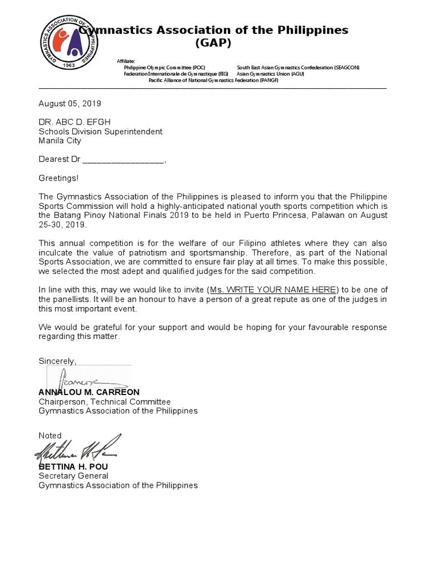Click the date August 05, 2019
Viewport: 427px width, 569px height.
pyautogui.click(x=69, y=103)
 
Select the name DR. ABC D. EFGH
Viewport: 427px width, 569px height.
pyautogui.click(x=78, y=122)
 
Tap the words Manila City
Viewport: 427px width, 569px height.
pyautogui.click(x=59, y=141)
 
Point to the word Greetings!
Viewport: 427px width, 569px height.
pyautogui.click(x=58, y=178)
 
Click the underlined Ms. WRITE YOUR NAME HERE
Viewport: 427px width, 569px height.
pyautogui.click(x=274, y=290)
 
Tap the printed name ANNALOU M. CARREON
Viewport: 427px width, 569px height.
pyautogui.click(x=89, y=392)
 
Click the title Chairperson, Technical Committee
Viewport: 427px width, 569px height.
pyautogui.click(x=105, y=402)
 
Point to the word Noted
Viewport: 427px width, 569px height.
pyautogui.click(x=50, y=436)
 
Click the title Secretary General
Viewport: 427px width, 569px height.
pyautogui.click(x=73, y=476)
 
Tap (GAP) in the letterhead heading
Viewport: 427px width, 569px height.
pyautogui.click(x=213, y=43)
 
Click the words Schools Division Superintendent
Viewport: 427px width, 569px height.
pyautogui.click(x=100, y=132)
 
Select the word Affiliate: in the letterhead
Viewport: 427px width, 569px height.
pyautogui.click(x=126, y=61)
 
